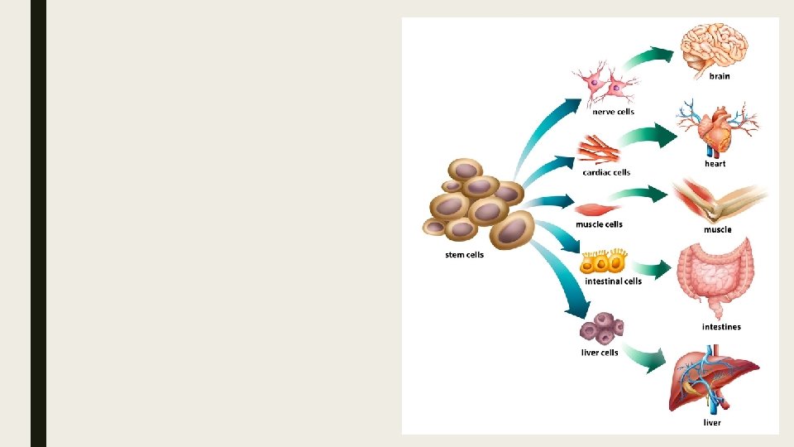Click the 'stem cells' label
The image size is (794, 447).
point(464,255)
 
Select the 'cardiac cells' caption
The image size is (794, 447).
point(606,172)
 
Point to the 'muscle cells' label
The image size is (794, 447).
point(599,224)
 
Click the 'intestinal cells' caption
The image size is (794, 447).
point(613,281)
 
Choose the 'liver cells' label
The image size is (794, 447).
point(600,353)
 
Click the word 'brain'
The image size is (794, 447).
point(720,76)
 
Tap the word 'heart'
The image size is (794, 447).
point(715,164)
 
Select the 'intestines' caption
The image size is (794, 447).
point(721,327)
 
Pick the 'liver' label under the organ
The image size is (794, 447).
point(712,423)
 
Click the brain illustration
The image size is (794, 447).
point(715,48)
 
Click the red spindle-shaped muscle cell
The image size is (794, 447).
point(600,209)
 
